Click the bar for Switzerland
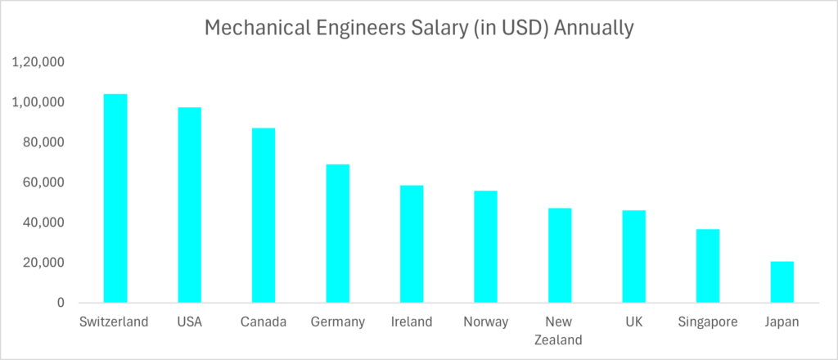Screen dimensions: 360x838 click(x=115, y=198)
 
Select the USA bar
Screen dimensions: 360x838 click(x=189, y=205)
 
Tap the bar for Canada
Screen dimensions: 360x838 click(x=264, y=215)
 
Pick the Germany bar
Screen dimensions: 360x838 click(x=337, y=233)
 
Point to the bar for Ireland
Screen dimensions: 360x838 click(x=412, y=244)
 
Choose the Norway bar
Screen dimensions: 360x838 click(x=485, y=246)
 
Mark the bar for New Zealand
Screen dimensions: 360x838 click(x=560, y=255)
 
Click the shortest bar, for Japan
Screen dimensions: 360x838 click(x=782, y=281)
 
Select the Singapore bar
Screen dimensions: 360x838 click(x=708, y=266)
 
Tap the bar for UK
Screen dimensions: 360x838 click(x=633, y=256)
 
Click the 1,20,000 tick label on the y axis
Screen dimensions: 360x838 click(x=38, y=62)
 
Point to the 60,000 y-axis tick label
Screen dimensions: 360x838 click(x=43, y=182)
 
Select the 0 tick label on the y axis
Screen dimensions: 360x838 click(x=61, y=303)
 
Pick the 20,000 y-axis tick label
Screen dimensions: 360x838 click(x=43, y=263)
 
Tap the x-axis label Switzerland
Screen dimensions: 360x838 click(x=115, y=322)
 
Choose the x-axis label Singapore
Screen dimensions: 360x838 click(x=708, y=322)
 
